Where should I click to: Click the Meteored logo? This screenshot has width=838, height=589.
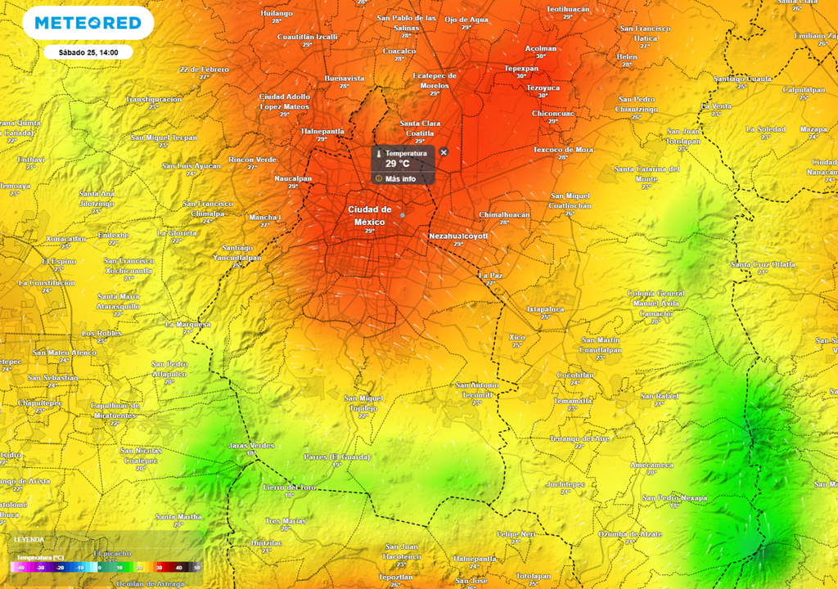(x=88, y=23)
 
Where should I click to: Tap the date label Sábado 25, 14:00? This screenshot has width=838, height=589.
(x=88, y=52)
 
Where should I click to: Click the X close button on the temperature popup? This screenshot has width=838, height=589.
(x=444, y=152)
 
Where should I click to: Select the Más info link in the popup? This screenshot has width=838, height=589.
(x=400, y=178)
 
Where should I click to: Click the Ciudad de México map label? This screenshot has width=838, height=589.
(x=369, y=215)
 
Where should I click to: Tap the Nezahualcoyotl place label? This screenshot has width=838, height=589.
(x=458, y=236)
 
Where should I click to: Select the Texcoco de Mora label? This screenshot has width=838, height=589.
(x=563, y=150)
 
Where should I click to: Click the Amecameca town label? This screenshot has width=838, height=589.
(x=651, y=465)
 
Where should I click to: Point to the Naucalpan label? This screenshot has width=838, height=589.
(x=293, y=178)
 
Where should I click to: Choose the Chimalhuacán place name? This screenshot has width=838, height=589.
(x=504, y=214)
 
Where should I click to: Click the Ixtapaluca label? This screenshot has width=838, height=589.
(x=545, y=309)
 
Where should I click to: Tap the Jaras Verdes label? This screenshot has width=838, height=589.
(x=250, y=445)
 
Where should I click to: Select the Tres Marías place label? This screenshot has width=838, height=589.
(x=286, y=520)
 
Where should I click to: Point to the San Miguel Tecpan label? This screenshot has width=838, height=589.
(x=164, y=137)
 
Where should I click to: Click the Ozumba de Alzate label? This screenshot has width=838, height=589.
(x=630, y=533)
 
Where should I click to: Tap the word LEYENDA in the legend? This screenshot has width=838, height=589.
(x=29, y=540)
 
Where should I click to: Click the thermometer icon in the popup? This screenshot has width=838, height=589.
(x=379, y=154)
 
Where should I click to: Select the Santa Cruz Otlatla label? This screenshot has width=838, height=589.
(x=763, y=264)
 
